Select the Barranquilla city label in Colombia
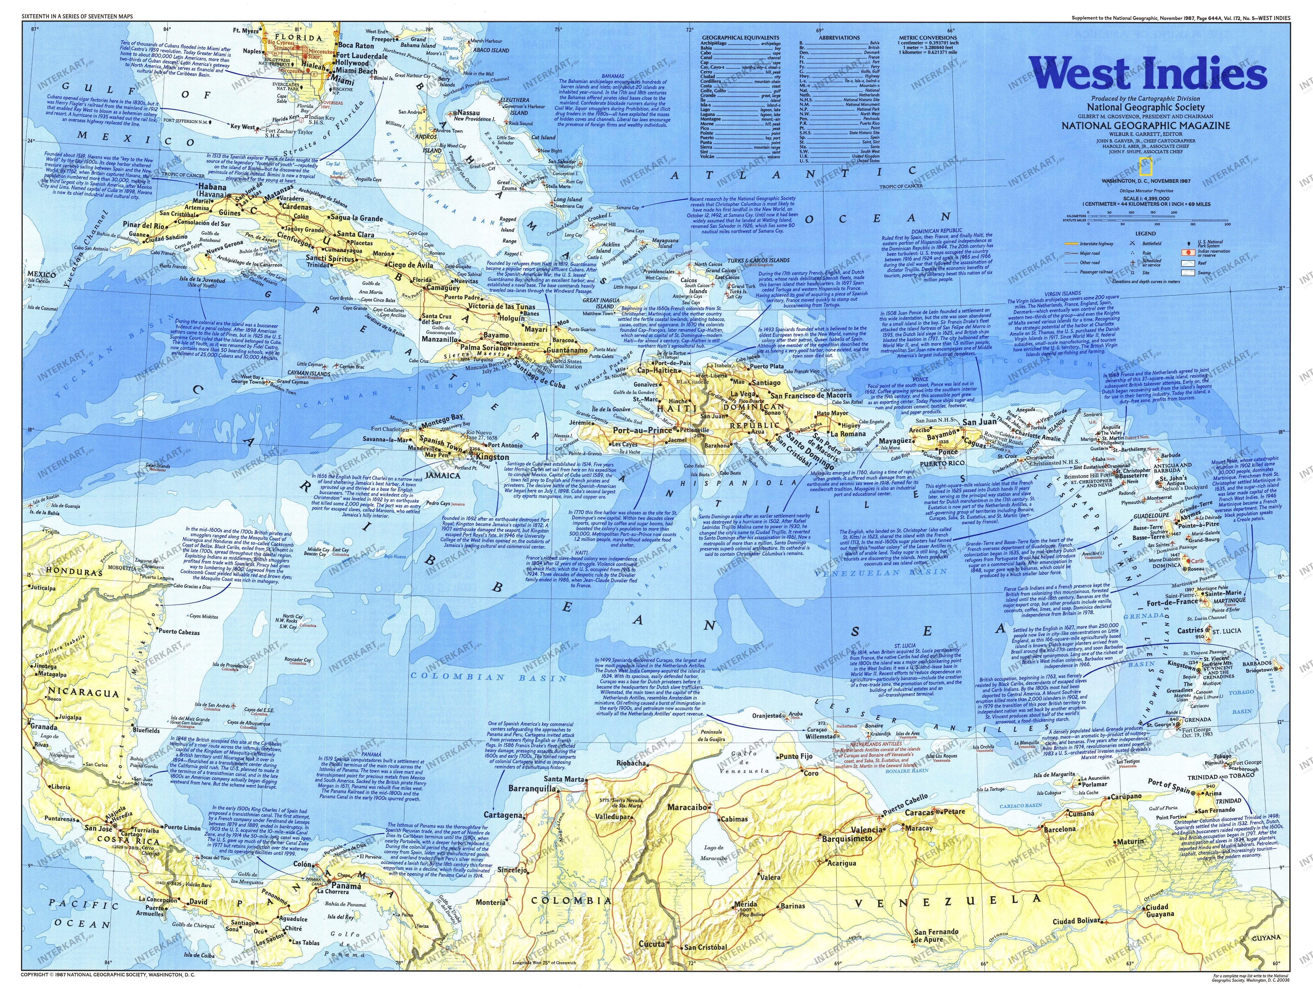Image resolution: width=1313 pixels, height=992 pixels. point(531,789)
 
